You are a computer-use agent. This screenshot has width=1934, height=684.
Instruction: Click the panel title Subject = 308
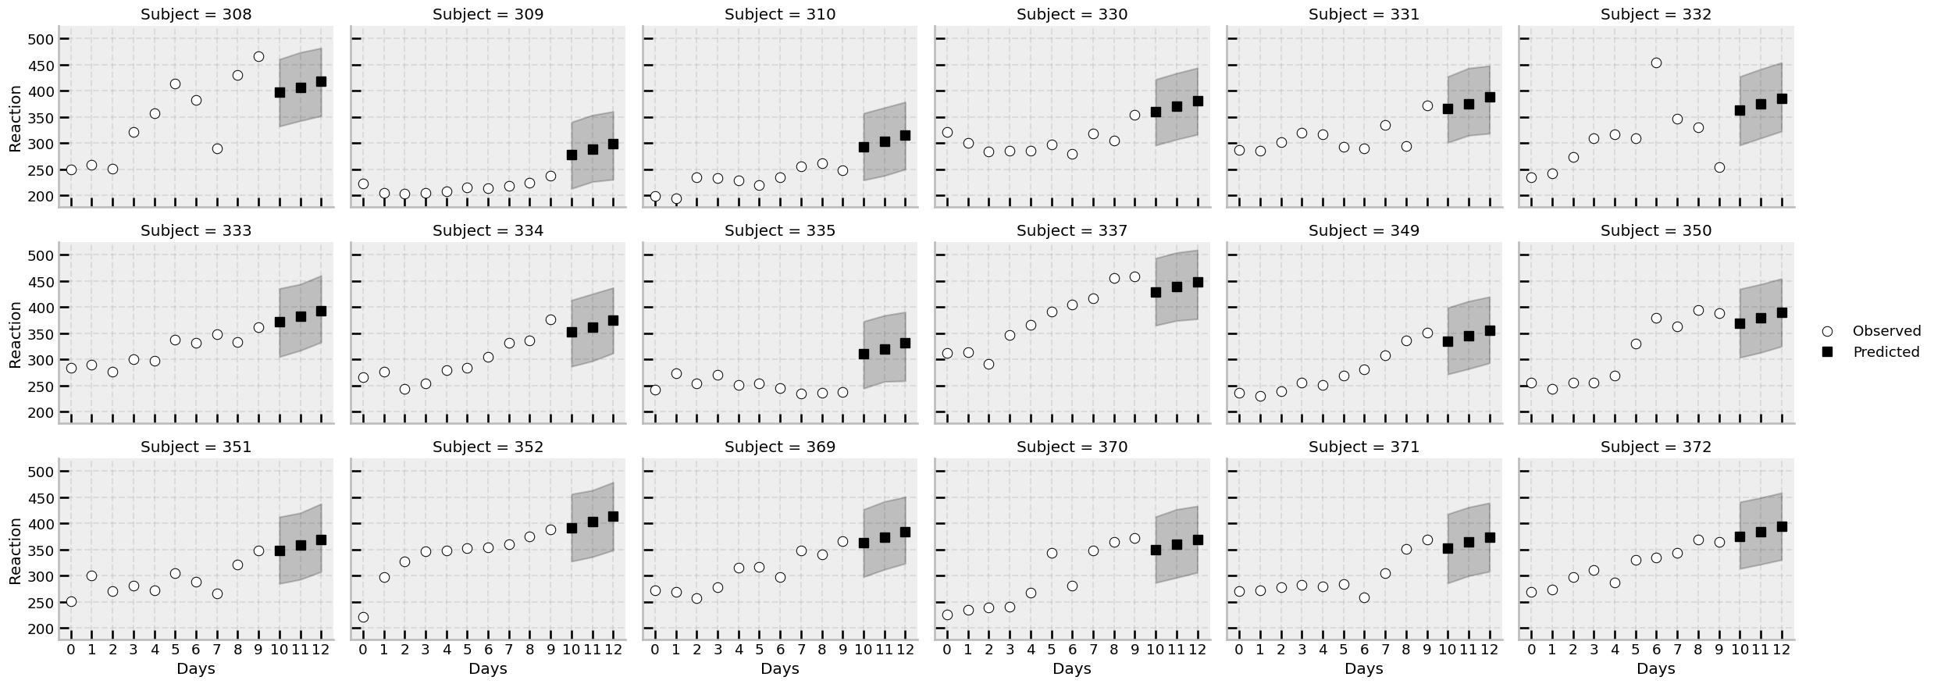196,14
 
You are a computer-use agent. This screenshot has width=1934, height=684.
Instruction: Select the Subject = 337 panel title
1072,230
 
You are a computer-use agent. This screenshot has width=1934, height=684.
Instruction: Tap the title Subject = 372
1656,447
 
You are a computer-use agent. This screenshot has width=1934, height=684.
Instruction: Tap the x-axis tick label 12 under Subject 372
1781,649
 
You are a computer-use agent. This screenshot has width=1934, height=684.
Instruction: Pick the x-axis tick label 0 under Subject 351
71,649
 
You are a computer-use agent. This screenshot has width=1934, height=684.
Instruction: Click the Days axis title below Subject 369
780,668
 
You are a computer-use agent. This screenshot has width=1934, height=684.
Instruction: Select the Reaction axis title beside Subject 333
15,333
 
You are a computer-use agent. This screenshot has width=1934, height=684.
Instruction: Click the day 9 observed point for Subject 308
258,56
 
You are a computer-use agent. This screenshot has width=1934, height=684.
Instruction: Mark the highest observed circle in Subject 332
1656,62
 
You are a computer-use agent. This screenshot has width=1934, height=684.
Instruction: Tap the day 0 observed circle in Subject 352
363,617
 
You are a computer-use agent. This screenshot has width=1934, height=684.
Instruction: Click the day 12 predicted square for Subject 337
1197,282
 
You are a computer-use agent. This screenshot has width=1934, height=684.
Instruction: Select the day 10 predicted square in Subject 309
572,155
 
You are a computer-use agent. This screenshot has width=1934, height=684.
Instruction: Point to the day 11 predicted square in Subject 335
885,349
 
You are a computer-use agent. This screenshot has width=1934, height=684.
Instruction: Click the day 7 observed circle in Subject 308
217,148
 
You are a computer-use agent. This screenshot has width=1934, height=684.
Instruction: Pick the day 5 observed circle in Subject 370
1051,553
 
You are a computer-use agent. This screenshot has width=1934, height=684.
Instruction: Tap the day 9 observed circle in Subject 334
550,319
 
